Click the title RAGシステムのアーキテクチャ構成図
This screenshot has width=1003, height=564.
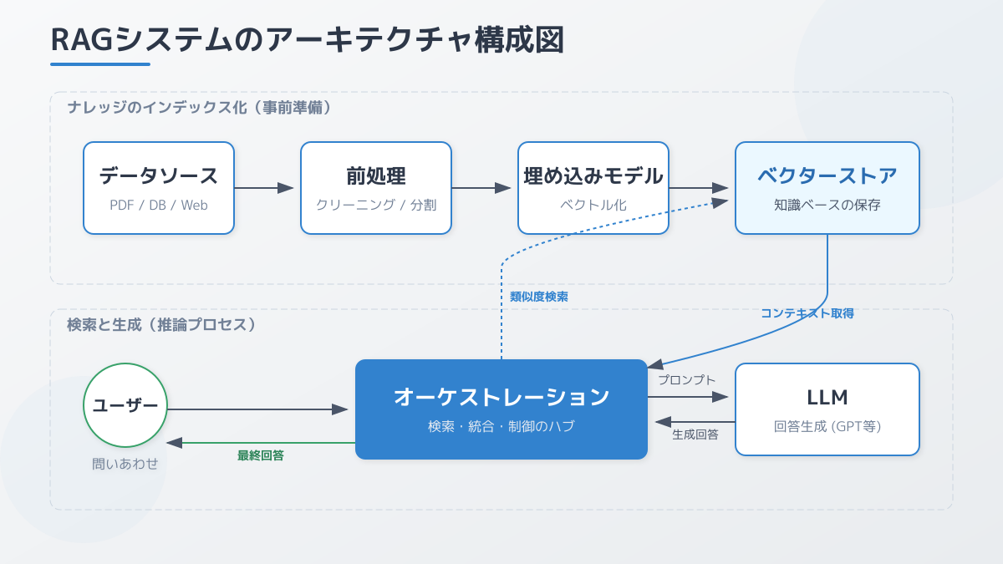tap(307, 40)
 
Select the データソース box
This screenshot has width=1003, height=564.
tap(159, 187)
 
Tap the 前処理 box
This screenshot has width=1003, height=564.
tap(376, 187)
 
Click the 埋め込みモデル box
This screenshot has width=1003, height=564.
tap(593, 187)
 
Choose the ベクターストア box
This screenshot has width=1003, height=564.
tap(827, 187)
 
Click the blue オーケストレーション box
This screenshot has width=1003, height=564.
tap(501, 409)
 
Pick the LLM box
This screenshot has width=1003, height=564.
tap(827, 409)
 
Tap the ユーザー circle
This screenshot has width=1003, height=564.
tap(125, 405)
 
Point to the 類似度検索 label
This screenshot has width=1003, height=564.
tap(539, 297)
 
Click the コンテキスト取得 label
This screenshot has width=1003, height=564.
tap(807, 313)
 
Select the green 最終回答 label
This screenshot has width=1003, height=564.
tap(261, 455)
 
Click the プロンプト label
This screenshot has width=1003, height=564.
tap(686, 380)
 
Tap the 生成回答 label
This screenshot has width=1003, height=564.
tap(695, 434)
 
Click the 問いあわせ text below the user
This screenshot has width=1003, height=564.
tap(125, 464)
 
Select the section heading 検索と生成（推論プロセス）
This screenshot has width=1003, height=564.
tap(161, 325)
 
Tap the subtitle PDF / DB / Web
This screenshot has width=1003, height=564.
tap(159, 205)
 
